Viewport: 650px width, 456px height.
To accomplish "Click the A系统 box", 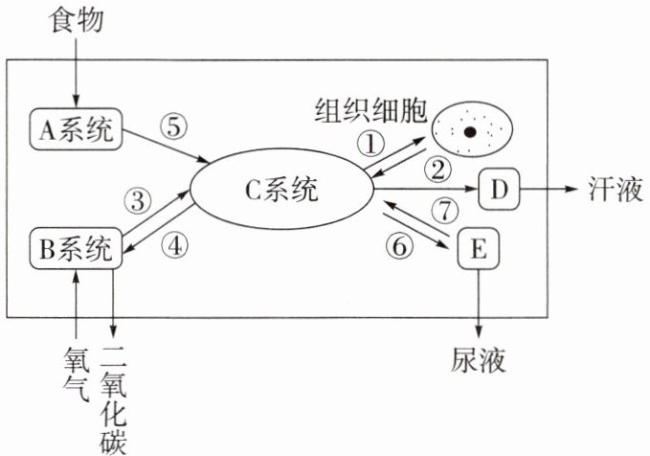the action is (76, 129).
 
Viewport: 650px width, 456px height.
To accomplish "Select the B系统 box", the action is (76, 248).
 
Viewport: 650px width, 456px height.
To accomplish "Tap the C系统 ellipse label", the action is (281, 190).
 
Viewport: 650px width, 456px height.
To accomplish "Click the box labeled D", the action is (499, 189).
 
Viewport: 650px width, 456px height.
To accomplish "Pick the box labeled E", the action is (479, 248).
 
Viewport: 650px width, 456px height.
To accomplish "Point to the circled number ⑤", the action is (174, 127).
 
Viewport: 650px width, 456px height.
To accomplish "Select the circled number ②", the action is (437, 170).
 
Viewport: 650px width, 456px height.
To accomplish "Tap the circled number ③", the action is (138, 201).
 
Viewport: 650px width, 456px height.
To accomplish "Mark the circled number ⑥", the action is (399, 245).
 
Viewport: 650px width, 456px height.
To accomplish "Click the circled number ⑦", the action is (445, 210).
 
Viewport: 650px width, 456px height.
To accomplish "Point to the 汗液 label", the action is (616, 189).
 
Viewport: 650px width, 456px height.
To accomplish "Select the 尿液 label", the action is (479, 359).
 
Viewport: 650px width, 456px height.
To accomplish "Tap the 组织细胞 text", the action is (371, 110).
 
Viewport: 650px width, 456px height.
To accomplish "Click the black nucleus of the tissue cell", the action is (470, 132).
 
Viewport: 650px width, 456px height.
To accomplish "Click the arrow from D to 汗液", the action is (549, 189).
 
